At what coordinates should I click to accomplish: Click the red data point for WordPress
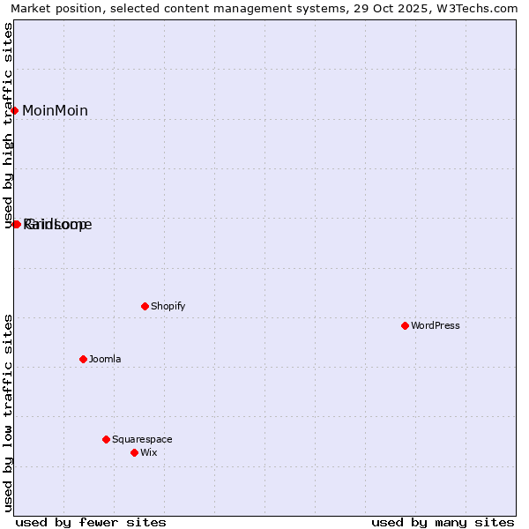(x=405, y=325)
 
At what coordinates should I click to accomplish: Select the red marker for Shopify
(x=145, y=306)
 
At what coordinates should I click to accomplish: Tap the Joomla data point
(x=83, y=359)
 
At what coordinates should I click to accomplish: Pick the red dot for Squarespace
(x=106, y=439)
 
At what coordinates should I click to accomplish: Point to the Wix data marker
(x=134, y=452)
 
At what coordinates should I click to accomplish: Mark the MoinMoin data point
(x=15, y=110)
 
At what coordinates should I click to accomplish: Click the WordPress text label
(x=436, y=325)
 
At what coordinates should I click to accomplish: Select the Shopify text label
(x=168, y=306)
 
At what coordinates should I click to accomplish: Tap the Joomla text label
(x=105, y=359)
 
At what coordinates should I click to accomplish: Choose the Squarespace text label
(x=142, y=439)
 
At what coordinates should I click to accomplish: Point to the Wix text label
(x=149, y=452)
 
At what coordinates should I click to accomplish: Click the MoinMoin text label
(x=55, y=110)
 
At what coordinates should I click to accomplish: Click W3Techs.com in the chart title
(x=476, y=9)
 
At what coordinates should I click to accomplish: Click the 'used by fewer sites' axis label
(x=91, y=522)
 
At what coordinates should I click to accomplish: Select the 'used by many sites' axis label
(x=443, y=522)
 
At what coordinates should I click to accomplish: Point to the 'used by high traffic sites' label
(x=9, y=125)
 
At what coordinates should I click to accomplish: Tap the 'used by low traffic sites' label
(x=9, y=412)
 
